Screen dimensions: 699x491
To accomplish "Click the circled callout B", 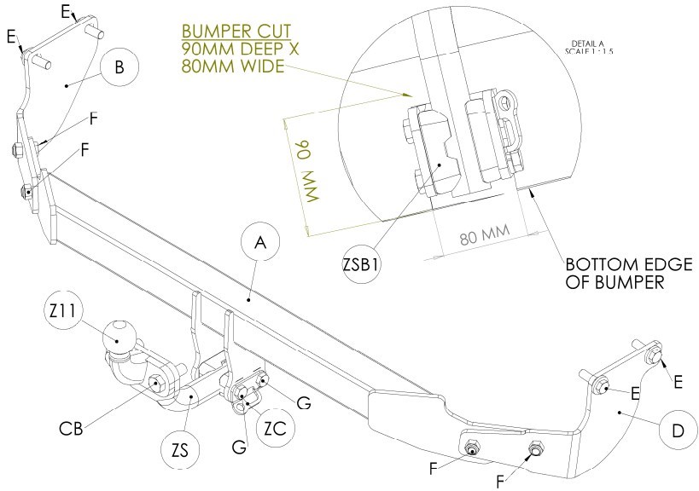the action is click(x=119, y=66).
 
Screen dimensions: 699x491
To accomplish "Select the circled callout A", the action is click(x=260, y=242).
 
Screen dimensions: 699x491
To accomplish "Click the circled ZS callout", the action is click(x=180, y=450).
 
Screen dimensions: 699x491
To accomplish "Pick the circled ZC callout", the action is click(x=276, y=428).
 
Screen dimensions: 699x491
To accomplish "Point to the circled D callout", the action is click(x=678, y=430).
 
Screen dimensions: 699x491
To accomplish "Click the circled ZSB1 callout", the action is click(x=362, y=264).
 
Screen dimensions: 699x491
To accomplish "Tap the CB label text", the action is click(x=72, y=428).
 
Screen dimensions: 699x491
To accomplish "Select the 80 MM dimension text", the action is click(x=485, y=235).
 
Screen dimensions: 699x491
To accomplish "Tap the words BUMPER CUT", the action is click(x=236, y=32).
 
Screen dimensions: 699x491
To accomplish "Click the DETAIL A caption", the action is click(x=588, y=43).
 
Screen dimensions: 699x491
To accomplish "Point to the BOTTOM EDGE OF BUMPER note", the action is click(x=629, y=274).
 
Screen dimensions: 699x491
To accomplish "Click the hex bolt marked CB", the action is click(x=155, y=383).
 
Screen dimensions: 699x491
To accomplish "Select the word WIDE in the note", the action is click(x=263, y=66).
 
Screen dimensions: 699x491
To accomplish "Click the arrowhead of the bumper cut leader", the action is click(x=406, y=95).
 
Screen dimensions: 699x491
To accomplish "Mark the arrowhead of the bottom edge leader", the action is click(x=531, y=192).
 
